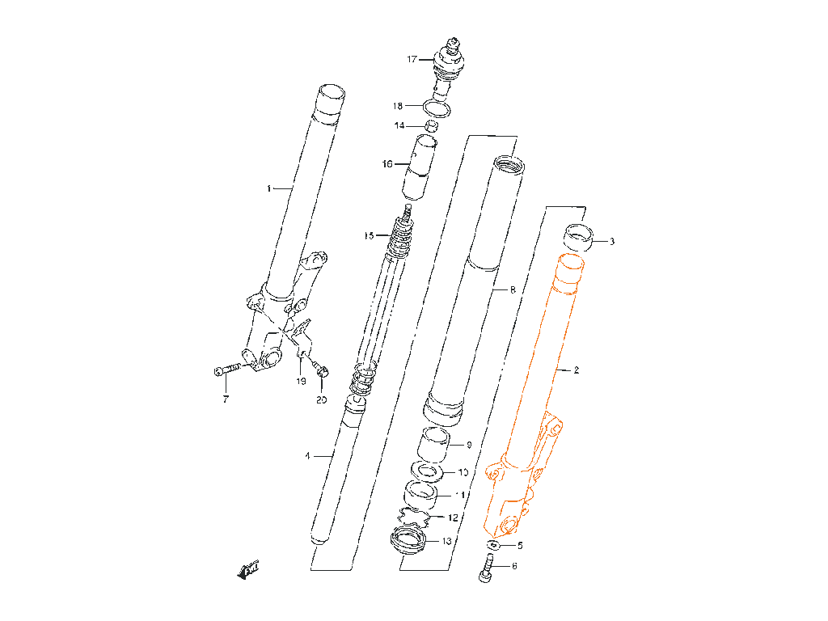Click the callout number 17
click(412, 59)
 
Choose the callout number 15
click(369, 236)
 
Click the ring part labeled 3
click(579, 238)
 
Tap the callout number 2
click(577, 370)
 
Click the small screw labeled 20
click(323, 372)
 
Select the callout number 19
click(301, 381)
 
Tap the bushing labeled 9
click(433, 446)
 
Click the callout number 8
click(512, 289)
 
